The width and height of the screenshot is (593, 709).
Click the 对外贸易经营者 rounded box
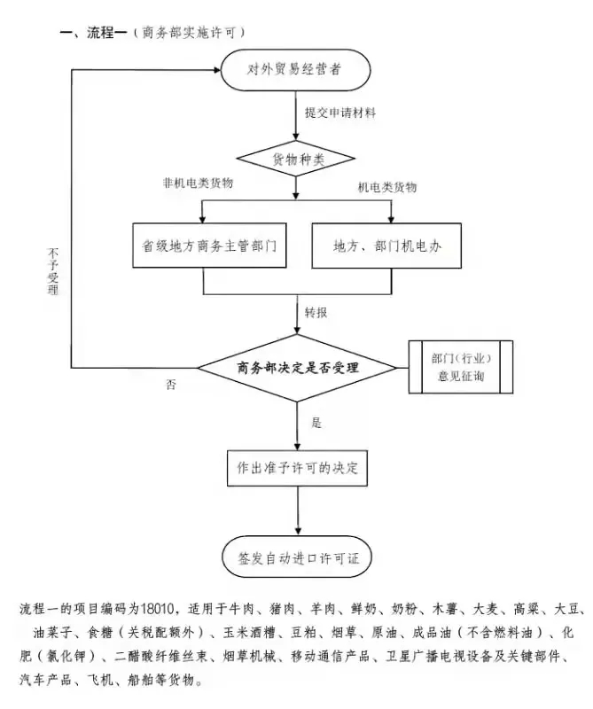(x=296, y=68)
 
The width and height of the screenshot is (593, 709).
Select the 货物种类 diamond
(x=296, y=160)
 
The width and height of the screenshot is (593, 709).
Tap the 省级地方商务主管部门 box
(x=204, y=245)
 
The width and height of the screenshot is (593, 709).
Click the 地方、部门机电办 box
(x=387, y=245)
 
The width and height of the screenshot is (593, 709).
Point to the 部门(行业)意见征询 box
(x=461, y=367)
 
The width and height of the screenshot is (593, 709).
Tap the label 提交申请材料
(x=340, y=113)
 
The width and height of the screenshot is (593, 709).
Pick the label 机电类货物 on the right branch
(x=386, y=188)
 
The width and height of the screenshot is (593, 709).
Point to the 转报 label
(x=316, y=313)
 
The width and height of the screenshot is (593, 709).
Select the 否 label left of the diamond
(x=171, y=385)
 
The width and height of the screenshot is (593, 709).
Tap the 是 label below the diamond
(x=316, y=422)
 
